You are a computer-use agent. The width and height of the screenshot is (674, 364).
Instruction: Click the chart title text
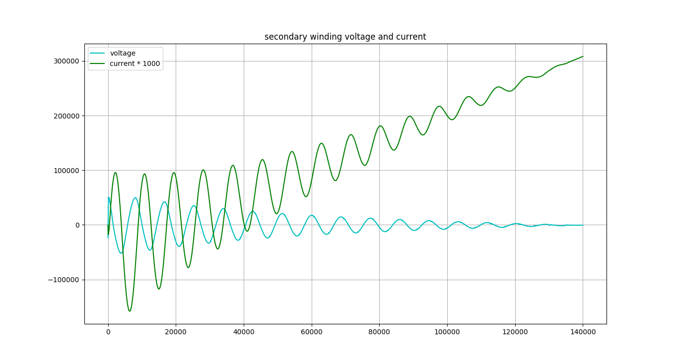coord(345,37)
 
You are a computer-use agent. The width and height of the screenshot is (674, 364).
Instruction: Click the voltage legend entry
coord(123,54)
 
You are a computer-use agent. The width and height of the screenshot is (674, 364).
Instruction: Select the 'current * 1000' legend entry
coord(135,63)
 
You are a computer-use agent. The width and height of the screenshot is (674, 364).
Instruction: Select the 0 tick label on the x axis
coord(108,333)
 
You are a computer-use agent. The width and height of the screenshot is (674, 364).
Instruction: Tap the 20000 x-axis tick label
coord(176,333)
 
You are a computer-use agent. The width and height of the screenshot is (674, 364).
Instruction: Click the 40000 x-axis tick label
coord(244,333)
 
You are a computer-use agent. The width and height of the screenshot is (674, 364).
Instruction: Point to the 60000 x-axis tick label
coord(312,333)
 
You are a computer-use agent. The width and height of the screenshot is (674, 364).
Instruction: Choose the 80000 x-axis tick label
coord(379,333)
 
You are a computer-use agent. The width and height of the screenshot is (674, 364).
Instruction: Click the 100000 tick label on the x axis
coord(447,333)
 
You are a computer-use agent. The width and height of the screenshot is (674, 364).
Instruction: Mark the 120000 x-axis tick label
coord(515,333)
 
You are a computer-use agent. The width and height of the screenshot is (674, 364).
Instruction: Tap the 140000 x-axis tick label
coord(583,333)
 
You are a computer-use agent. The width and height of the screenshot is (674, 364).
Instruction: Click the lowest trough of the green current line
coord(130,311)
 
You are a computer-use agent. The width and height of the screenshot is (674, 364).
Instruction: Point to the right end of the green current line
coord(583,57)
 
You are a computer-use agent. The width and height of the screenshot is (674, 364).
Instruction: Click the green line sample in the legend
coord(98,63)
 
